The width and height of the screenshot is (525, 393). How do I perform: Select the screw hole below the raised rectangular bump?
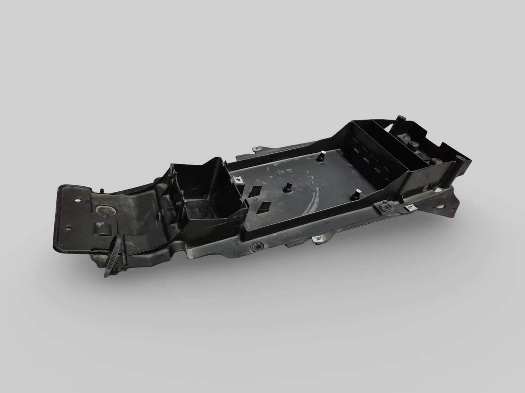click(x=68, y=229)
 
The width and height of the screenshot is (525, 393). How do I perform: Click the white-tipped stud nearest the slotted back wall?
click(x=321, y=157)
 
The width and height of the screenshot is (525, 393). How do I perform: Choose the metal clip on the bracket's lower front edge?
click(x=318, y=239)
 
